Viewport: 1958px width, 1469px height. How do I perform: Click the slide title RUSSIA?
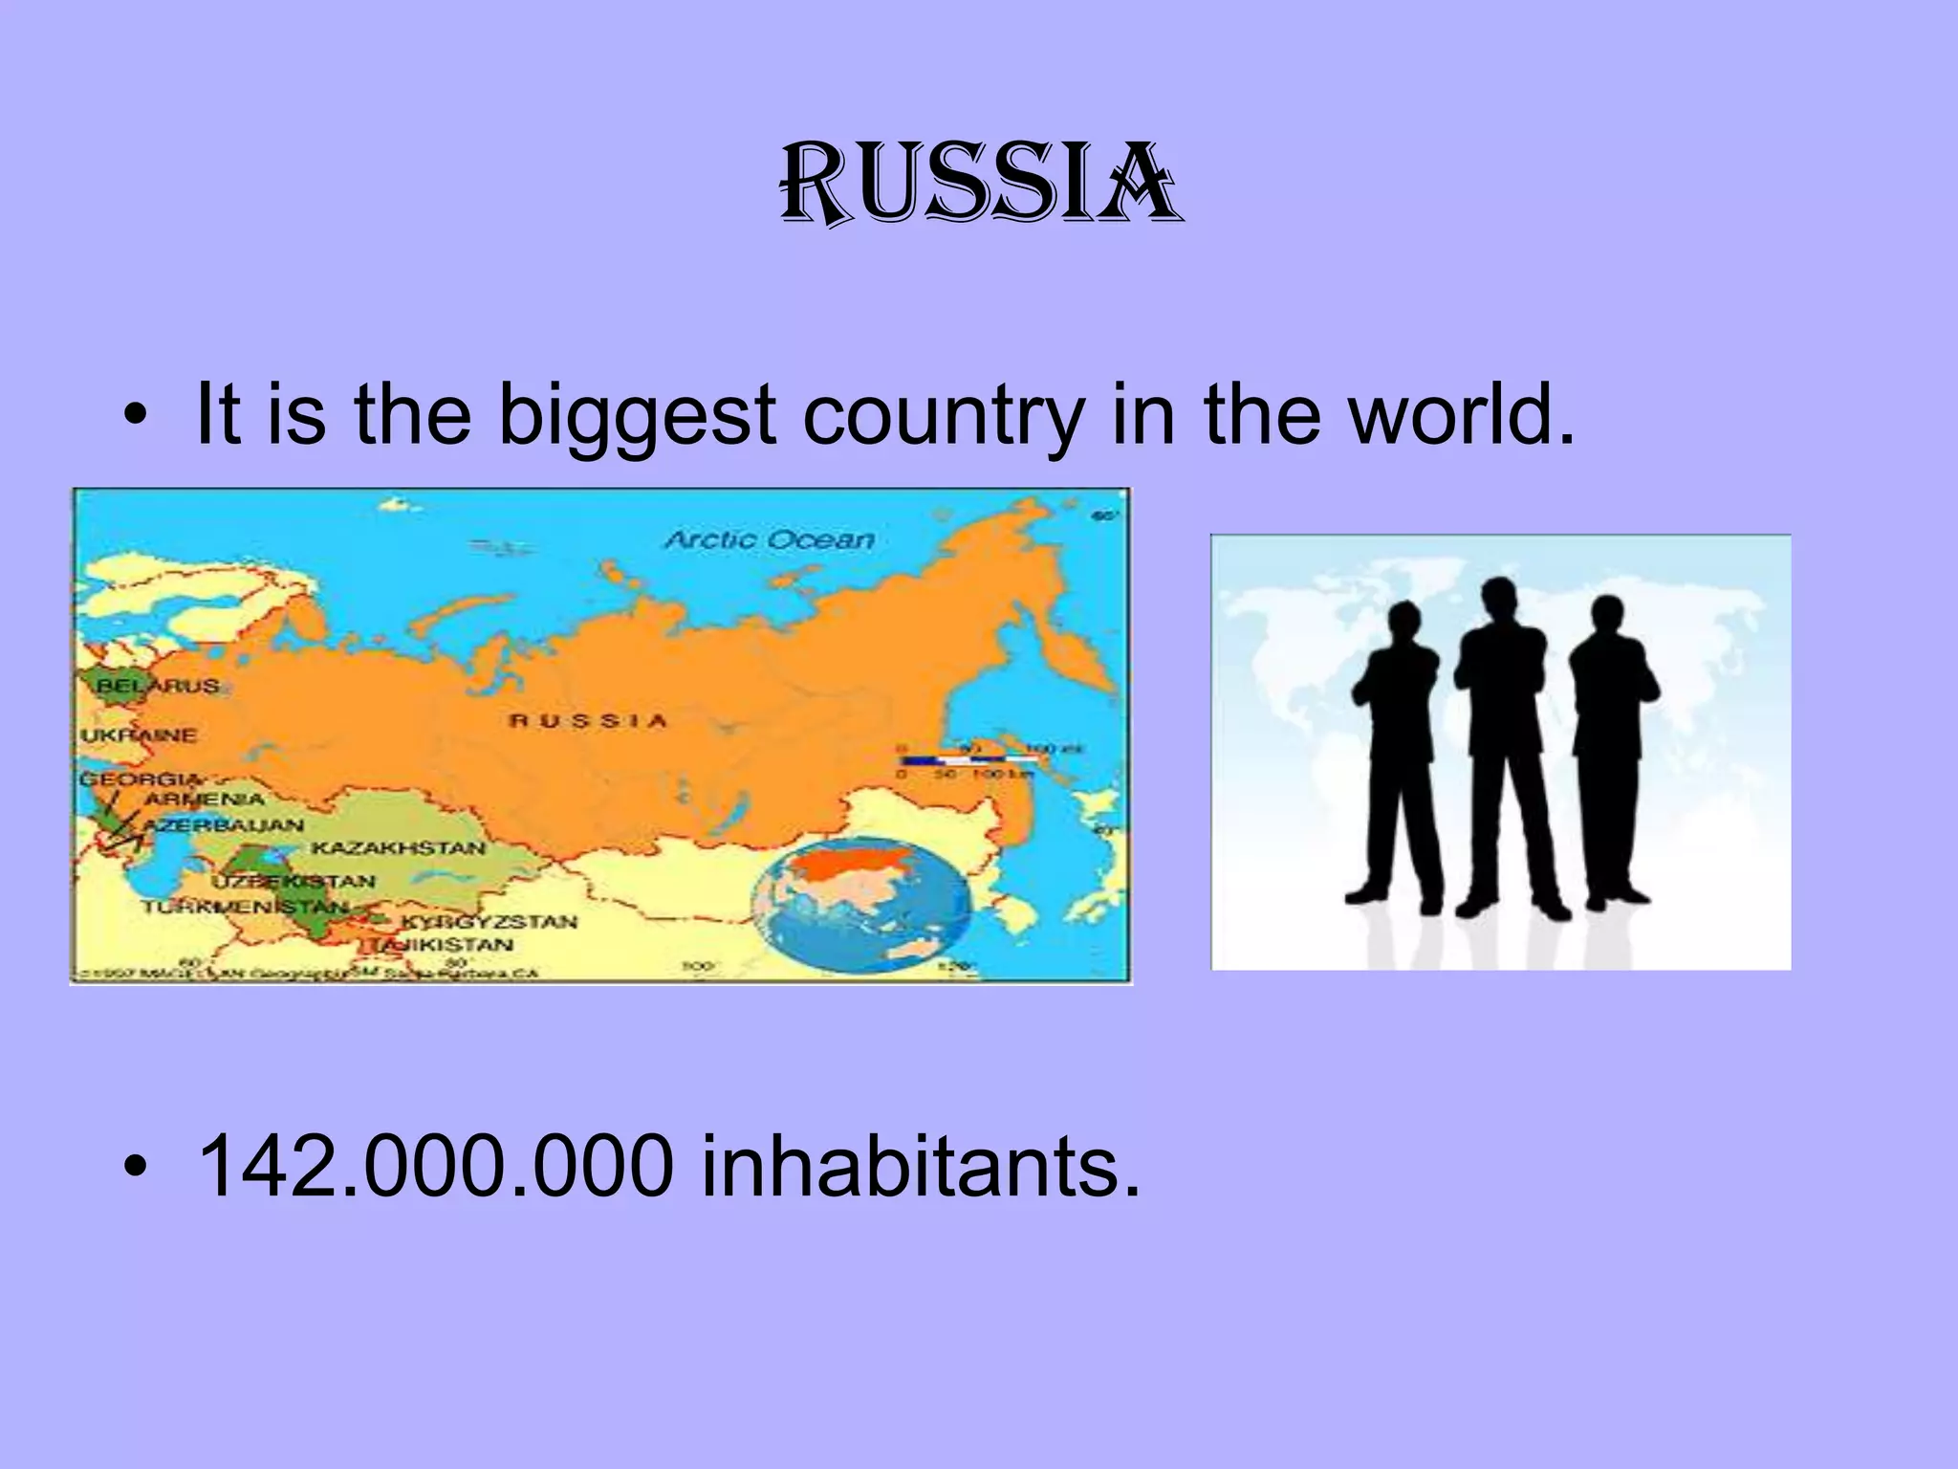click(979, 185)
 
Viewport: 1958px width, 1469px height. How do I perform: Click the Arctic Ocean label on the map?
click(770, 539)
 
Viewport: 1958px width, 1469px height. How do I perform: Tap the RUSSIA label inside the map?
click(588, 720)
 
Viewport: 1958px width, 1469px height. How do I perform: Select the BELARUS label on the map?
click(157, 686)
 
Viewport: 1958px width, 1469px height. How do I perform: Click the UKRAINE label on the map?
click(139, 735)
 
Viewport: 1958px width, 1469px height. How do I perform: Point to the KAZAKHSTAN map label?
click(398, 847)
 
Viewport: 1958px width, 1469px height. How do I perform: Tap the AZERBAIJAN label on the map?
click(224, 823)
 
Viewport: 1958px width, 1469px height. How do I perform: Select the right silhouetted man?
click(1614, 756)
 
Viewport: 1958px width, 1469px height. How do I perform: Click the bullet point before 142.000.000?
click(139, 1168)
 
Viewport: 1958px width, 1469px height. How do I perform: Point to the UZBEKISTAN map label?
click(294, 881)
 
